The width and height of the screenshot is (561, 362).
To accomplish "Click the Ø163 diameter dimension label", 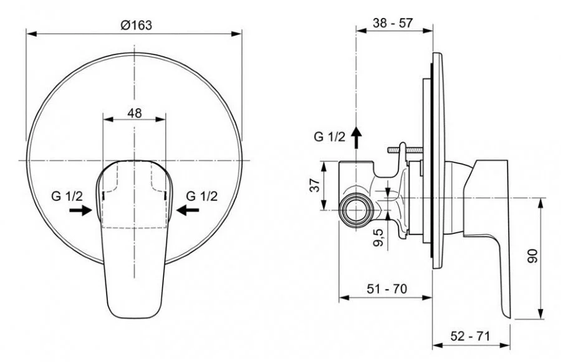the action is (137, 25).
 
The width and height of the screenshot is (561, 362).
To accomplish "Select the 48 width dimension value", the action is (135, 113).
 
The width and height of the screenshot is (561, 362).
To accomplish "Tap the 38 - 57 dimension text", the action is (393, 23).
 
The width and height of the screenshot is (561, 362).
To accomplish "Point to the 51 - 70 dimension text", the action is (386, 288).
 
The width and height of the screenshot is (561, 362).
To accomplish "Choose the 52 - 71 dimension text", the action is (470, 336).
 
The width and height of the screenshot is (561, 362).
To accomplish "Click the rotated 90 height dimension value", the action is (533, 256).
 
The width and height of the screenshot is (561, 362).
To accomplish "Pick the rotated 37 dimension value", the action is (315, 185).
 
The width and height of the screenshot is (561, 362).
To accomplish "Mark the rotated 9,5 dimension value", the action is (378, 238).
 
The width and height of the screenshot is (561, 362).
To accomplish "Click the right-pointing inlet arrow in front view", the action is (81, 210).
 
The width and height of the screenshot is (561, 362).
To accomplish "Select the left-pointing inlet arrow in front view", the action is (188, 210).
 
